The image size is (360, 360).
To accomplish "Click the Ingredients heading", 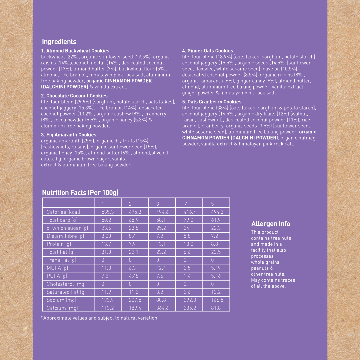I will pos(59,42).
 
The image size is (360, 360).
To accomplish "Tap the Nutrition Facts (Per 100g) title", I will pos(80,193).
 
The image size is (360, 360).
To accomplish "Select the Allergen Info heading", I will pos(271,224).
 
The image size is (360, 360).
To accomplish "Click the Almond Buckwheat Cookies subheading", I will pos(75,51).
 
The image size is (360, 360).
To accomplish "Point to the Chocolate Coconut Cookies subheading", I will pos(74,96).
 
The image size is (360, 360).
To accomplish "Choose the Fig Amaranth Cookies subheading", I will pos(69,135).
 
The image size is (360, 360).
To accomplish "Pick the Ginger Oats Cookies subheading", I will pos(208,51).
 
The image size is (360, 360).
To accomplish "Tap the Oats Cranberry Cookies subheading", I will pos(212,102).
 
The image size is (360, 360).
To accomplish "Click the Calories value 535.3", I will pos(108,212).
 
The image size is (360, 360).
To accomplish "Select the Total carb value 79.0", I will pos(189,220).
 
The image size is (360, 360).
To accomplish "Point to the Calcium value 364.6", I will pos(162,308).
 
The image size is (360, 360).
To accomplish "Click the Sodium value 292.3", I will pos(190,300).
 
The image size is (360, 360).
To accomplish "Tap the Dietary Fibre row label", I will pos(65,236).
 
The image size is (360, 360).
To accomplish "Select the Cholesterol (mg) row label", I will pos(66,284).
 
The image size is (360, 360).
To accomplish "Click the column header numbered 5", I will pos(212,204).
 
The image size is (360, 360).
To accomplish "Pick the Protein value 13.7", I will pos(106,244).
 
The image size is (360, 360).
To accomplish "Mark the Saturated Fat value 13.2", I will pos(216,292).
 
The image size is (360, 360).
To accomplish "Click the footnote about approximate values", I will pos(100,318).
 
